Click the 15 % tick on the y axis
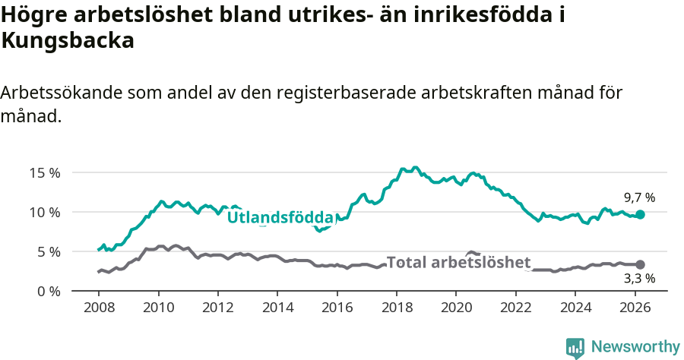click(x=45, y=172)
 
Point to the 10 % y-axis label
click(x=45, y=212)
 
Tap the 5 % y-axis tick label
click(x=48, y=251)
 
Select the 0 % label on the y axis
click(x=48, y=291)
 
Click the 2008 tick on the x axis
click(x=99, y=308)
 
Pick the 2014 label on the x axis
click(x=277, y=308)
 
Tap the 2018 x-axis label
click(x=396, y=308)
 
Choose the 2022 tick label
click(x=515, y=308)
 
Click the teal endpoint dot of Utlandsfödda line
click(x=641, y=215)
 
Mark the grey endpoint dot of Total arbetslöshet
click(x=641, y=264)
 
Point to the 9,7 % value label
click(x=639, y=197)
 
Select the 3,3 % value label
click(x=639, y=279)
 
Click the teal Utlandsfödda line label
click(x=280, y=217)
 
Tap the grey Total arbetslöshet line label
click(x=458, y=263)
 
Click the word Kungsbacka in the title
click(x=68, y=41)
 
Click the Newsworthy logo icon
click(x=575, y=348)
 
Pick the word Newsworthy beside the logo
click(x=635, y=347)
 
